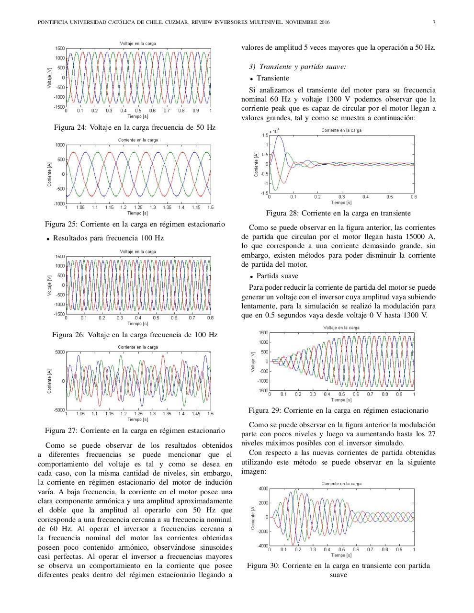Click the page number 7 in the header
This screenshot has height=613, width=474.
434,23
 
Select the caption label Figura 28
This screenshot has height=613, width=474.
282,213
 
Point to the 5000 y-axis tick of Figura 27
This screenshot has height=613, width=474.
59,352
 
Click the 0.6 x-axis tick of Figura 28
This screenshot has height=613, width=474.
413,197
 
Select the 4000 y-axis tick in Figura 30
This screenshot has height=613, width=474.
263,488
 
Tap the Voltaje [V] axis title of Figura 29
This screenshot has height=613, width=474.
253,362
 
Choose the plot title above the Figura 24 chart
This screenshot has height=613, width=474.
138,44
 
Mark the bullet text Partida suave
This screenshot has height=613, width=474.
277,276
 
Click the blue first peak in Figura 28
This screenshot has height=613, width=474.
279,136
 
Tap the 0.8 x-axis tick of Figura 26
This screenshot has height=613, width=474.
210,318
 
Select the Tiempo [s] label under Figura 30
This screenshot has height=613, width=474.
341,555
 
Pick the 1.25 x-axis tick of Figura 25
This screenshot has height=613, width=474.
138,207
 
